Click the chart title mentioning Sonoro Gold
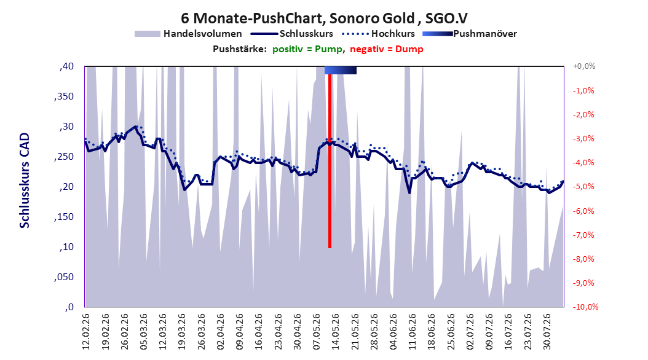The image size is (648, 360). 324,18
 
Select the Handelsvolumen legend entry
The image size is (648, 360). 189,34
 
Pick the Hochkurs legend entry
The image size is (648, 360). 379,34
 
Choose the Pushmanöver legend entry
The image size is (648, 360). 470,34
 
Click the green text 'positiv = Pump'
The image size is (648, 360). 307,49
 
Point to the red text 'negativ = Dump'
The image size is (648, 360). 387,49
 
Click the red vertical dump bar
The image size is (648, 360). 330,161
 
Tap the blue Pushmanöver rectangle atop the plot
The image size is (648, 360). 341,70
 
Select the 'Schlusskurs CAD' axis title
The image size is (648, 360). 25,181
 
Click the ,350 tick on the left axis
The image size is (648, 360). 64,96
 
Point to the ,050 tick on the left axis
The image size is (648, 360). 64,277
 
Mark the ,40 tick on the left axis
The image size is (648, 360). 66,66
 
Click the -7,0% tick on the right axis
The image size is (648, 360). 583,235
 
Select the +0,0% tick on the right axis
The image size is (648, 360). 584,66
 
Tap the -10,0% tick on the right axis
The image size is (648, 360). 585,307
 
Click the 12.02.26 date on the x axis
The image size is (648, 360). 86,332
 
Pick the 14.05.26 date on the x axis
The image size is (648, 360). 335,332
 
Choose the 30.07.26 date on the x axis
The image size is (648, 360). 547,332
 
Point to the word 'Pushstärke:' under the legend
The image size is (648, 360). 240,49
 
